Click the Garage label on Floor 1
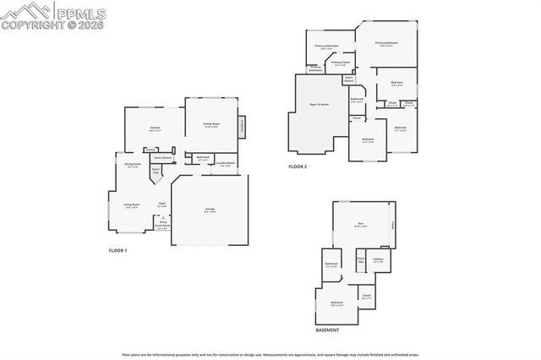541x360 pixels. click(209, 210)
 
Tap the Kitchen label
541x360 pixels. click(155, 129)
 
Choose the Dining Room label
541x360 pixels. click(132, 165)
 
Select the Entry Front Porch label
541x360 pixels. click(162, 225)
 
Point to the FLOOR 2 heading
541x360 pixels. click(298, 167)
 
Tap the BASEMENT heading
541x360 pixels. click(327, 330)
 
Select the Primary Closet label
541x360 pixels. click(341, 63)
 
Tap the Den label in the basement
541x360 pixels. click(361, 226)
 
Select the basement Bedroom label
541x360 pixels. click(336, 303)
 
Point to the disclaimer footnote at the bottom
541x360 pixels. click(270, 355)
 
